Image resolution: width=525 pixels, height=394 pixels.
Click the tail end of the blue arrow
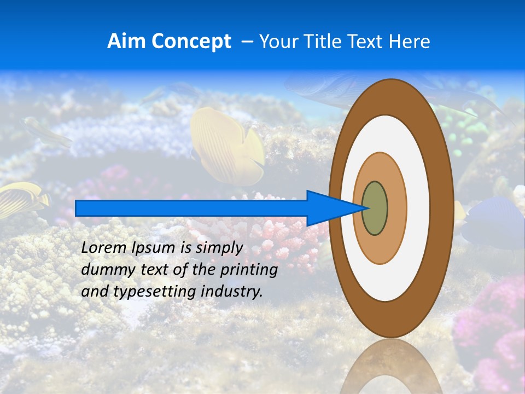77,208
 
